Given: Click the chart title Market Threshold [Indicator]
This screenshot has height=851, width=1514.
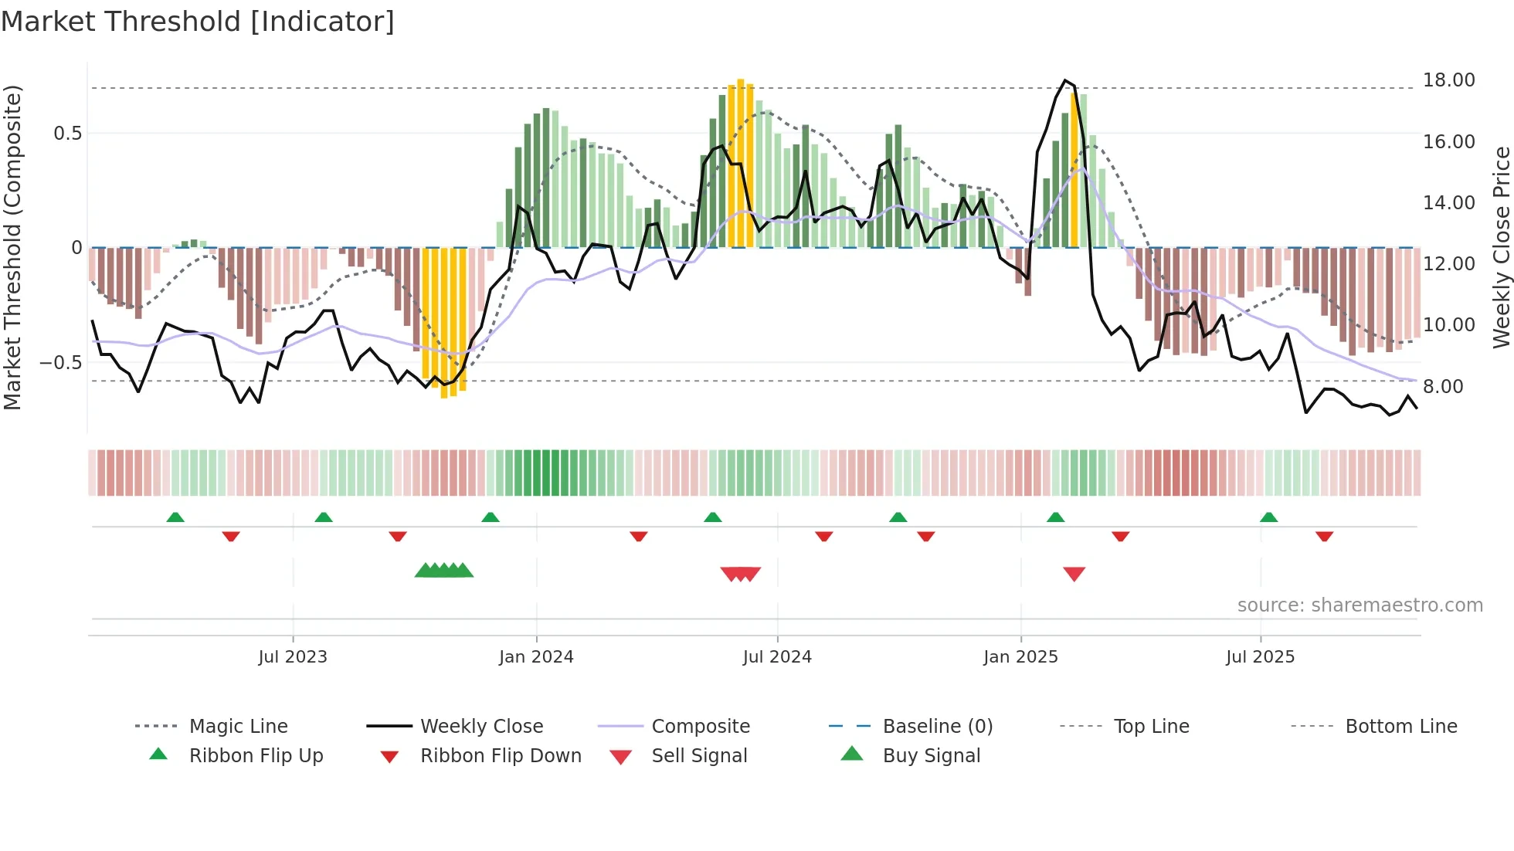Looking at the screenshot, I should click(198, 22).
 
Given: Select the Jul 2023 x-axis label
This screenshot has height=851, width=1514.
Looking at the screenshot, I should click(293, 657).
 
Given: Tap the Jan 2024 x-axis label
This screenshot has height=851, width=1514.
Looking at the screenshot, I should click(536, 657).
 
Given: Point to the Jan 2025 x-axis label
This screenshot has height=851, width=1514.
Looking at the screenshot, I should click(1020, 657).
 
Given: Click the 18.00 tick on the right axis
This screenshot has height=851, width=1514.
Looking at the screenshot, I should click(1448, 80).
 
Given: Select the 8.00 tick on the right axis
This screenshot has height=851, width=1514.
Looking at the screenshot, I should click(1443, 386).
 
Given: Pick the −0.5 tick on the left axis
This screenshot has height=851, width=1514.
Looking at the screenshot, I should click(60, 362).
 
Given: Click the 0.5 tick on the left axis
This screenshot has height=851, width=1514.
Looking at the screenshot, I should click(67, 134).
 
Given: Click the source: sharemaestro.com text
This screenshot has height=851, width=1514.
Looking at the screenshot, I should click(1360, 605).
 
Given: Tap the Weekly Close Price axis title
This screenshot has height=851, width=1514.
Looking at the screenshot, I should click(1501, 247).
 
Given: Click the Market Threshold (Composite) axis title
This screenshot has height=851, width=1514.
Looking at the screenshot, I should click(12, 247).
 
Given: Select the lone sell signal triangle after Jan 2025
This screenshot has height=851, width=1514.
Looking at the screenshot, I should click(1074, 574).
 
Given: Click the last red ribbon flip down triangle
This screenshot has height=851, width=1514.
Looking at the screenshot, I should click(1324, 536).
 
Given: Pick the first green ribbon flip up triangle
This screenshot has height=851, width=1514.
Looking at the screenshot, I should click(175, 517).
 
